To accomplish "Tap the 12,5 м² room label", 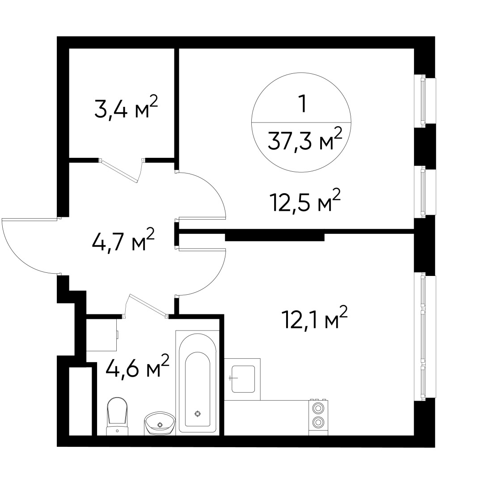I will (x=305, y=202).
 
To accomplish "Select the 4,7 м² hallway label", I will (x=123, y=242).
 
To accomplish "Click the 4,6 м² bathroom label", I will (x=137, y=368).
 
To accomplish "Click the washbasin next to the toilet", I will (x=160, y=422).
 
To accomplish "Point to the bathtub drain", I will (x=197, y=414).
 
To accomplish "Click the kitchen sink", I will (x=243, y=379).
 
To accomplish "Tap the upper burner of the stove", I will (x=318, y=408).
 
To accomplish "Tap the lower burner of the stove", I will (x=318, y=421).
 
